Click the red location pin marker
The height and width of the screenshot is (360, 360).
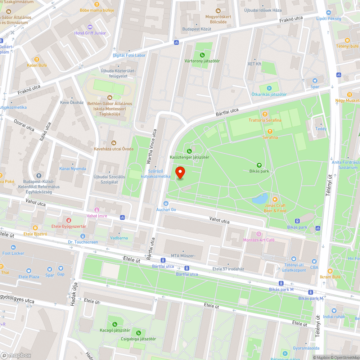coord(180,173)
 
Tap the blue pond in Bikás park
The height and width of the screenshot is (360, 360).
coord(260,198)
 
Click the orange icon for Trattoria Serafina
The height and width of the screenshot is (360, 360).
coord(265,114)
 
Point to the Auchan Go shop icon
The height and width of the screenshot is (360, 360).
coord(166,203)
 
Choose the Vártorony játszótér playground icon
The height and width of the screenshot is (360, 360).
coord(202,55)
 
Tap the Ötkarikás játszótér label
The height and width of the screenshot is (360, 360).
coord(269,94)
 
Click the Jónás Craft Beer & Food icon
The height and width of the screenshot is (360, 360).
coord(275,199)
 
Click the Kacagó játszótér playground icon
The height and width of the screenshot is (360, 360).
coord(115,324)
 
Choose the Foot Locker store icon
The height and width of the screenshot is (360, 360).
coord(13,247)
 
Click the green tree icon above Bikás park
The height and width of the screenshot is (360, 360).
coord(259,165)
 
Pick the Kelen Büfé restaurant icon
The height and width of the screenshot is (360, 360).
coord(37,59)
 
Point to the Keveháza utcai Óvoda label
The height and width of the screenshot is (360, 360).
coord(114,149)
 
